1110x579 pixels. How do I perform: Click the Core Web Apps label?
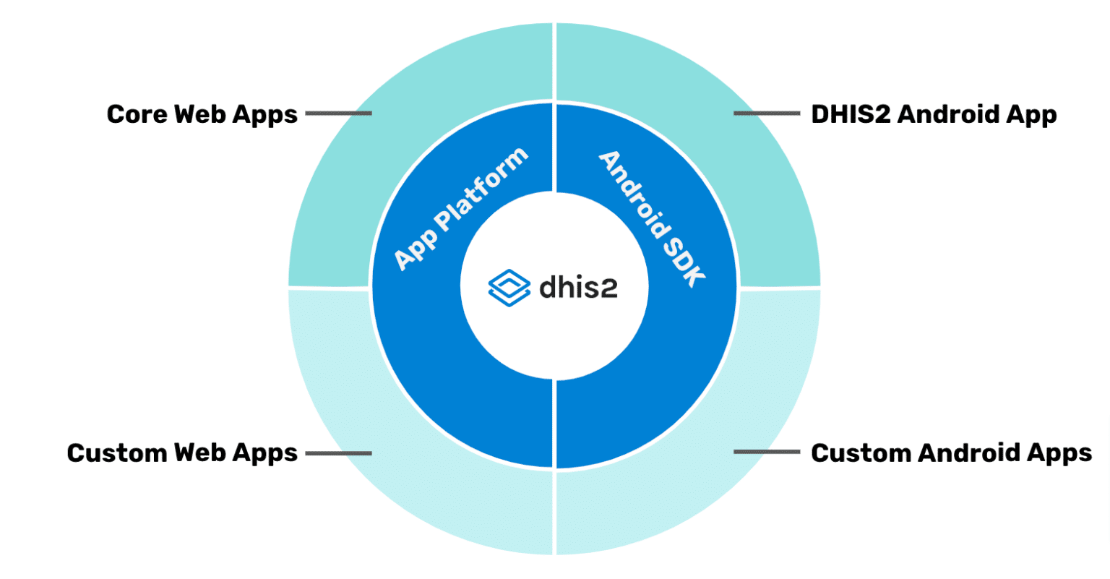coord(202,114)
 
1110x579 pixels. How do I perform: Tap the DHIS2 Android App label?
coord(934,114)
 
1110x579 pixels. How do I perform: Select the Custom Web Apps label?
coord(182,453)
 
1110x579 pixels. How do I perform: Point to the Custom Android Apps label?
coord(951,453)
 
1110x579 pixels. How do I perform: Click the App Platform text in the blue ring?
coord(460,210)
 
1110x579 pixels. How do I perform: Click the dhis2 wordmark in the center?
coord(578,287)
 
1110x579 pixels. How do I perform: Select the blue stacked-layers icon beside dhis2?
coord(509,288)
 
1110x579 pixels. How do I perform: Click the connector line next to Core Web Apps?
coord(338,113)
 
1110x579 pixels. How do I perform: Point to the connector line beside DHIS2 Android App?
coord(767,113)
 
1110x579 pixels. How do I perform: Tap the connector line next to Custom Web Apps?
coord(338,453)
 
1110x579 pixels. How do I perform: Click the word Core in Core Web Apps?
coord(137,114)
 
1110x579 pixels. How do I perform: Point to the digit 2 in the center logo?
coord(608,288)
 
